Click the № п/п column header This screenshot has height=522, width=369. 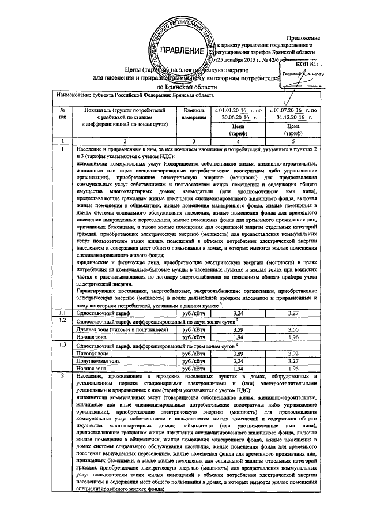(62, 113)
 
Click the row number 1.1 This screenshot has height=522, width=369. (62, 313)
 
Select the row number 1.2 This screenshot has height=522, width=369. (62, 321)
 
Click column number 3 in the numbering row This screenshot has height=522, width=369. (194, 141)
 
